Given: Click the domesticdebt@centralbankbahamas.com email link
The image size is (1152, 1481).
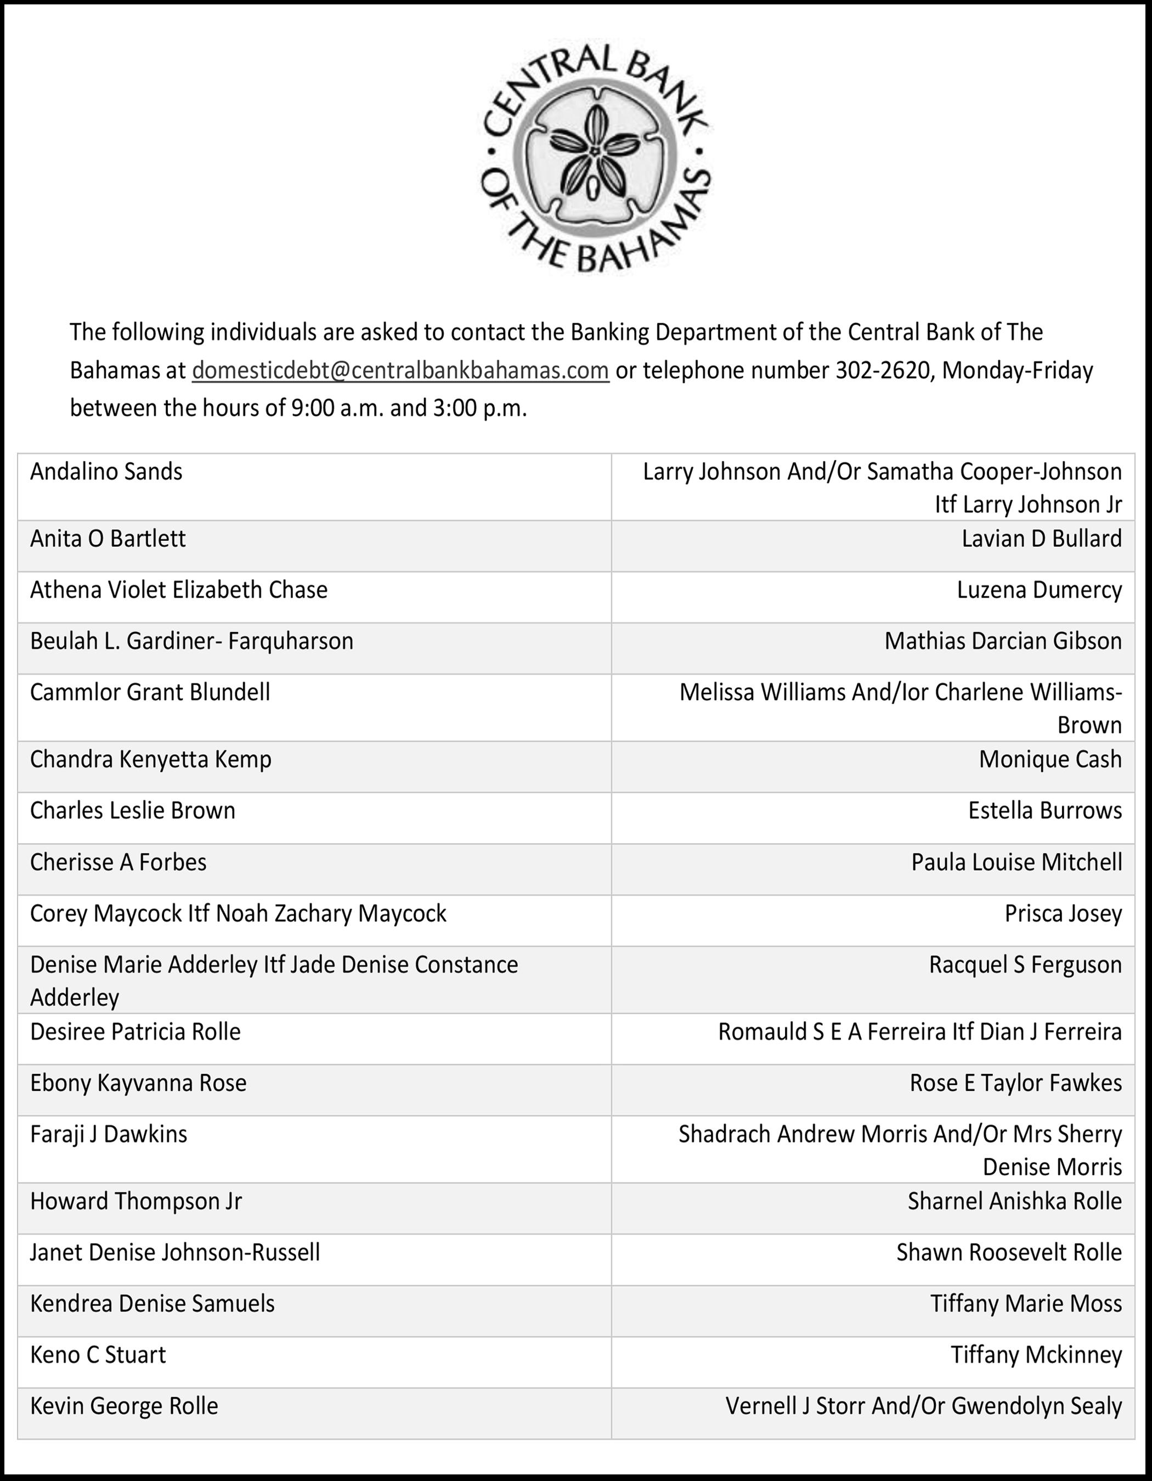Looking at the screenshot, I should click(x=400, y=370).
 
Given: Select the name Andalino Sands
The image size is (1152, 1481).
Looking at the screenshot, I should click(x=106, y=472).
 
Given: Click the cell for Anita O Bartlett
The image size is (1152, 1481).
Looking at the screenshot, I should click(x=108, y=539).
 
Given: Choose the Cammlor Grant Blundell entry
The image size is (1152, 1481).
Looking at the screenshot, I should click(x=150, y=692).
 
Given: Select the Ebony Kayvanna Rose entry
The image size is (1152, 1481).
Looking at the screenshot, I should click(x=138, y=1083).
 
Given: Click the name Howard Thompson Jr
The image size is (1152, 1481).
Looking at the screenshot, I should click(x=135, y=1201).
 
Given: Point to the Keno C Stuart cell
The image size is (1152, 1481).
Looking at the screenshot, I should click(x=98, y=1354).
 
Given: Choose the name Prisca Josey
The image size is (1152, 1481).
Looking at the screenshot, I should click(x=1063, y=913).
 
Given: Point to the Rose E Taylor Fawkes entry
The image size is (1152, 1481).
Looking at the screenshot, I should click(x=1015, y=1083).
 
